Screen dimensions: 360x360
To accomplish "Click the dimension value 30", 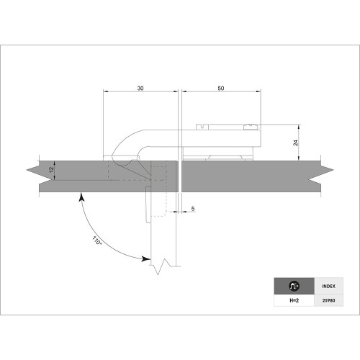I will pyautogui.click(x=140, y=87).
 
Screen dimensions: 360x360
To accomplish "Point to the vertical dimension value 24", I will pyautogui.click(x=295, y=143).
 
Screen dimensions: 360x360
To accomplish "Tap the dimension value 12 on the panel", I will pyautogui.click(x=50, y=171).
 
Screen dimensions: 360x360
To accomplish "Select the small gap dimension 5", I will pyautogui.click(x=194, y=208).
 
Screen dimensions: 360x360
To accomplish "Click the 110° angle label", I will pyautogui.click(x=98, y=241).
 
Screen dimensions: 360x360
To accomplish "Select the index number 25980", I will pyautogui.click(x=328, y=300).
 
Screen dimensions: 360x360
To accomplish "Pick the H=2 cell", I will pyautogui.click(x=294, y=300).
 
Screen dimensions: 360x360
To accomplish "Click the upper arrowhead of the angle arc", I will pyautogui.click(x=84, y=195).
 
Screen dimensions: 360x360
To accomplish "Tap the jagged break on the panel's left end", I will pyautogui.click(x=33, y=175).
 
